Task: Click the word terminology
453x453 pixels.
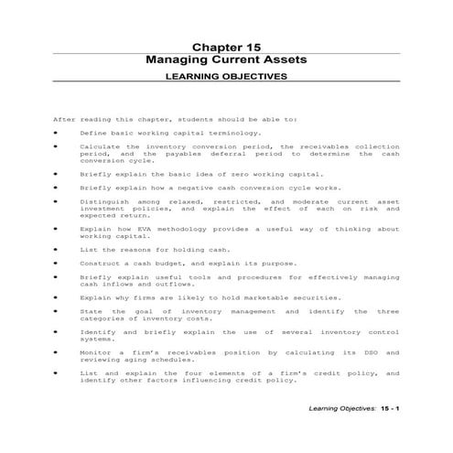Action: coord(209,133)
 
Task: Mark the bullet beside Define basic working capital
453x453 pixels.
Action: coord(57,133)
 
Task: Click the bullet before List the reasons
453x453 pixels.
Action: coord(57,249)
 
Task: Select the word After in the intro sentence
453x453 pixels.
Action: coord(63,119)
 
